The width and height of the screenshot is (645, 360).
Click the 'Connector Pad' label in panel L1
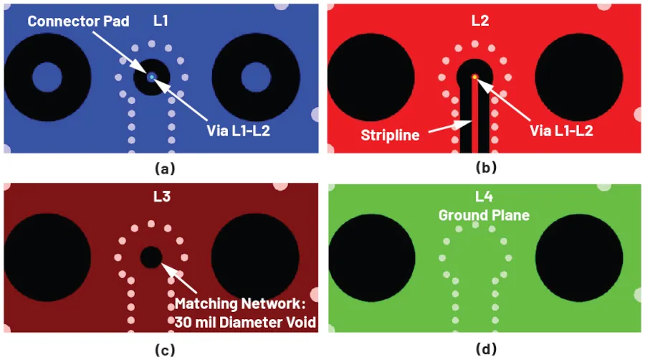78,21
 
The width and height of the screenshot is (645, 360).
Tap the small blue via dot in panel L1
152,77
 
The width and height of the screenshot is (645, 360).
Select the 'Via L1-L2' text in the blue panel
238,131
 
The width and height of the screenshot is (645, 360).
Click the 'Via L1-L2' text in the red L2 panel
561,131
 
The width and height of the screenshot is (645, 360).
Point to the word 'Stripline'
390,135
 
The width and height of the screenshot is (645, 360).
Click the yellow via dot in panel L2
474,77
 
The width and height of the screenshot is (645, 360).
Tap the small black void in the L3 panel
151,257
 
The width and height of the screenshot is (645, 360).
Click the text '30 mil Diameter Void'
245,322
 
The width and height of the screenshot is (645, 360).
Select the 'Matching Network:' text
240,303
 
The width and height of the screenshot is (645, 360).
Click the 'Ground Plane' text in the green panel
484,215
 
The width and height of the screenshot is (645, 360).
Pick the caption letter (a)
165,169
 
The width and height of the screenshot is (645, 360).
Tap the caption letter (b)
486,168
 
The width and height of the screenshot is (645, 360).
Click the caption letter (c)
165,350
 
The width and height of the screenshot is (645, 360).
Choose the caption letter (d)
486,349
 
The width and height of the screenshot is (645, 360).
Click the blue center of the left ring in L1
47,77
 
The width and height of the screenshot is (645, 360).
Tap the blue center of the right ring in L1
256,77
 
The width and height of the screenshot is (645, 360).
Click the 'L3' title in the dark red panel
162,196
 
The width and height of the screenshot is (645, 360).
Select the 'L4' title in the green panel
484,196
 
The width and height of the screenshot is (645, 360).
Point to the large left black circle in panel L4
371,258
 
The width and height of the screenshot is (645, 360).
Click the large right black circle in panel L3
255,257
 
